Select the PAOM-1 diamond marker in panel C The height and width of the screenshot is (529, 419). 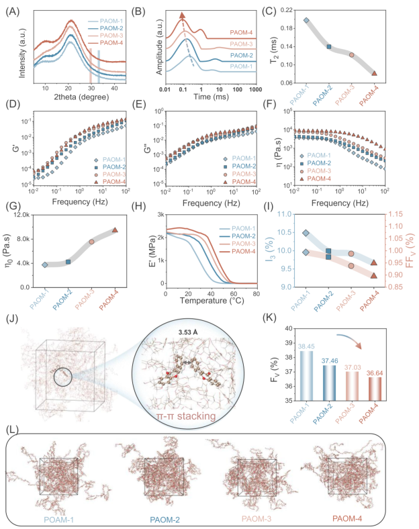point(306,20)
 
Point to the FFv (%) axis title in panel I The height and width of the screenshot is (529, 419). point(411,252)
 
